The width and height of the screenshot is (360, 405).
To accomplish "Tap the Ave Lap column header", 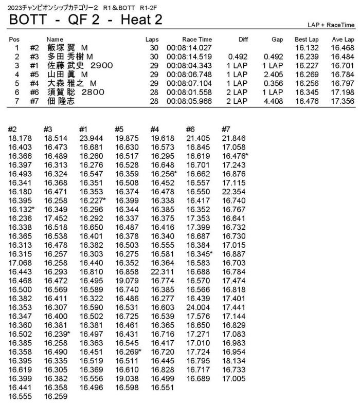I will pyautogui.click(x=343, y=39).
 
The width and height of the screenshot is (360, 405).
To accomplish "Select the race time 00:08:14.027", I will pyautogui.click(x=189, y=48).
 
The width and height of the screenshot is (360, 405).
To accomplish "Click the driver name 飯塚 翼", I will pyautogui.click(x=62, y=48).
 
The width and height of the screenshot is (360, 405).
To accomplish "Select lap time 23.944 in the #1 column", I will pyautogui.click(x=91, y=138).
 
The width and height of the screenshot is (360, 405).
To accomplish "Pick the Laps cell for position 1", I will pyautogui.click(x=152, y=48).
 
